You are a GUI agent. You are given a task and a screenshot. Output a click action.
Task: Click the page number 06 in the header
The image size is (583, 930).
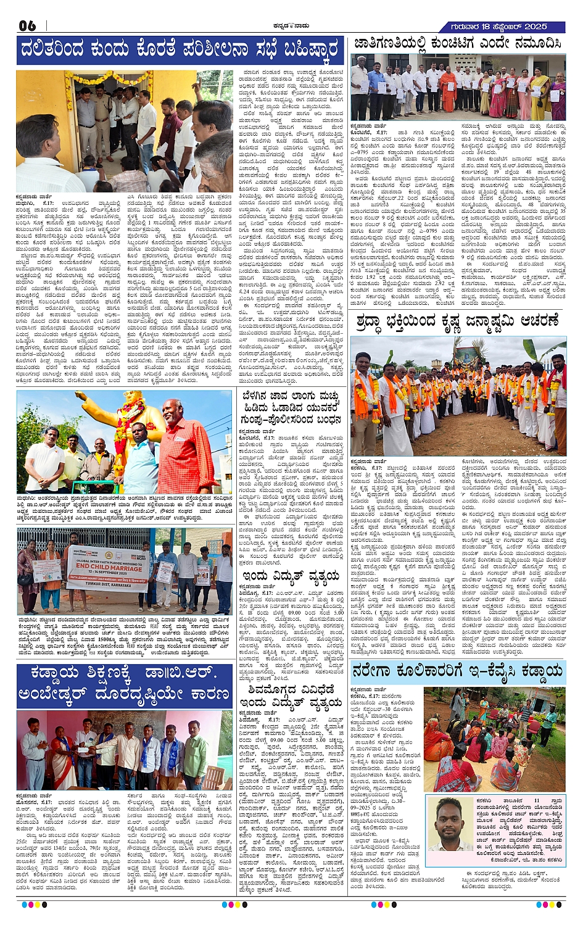28,25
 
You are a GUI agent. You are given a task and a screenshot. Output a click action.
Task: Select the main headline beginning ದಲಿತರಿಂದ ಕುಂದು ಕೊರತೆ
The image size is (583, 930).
179,49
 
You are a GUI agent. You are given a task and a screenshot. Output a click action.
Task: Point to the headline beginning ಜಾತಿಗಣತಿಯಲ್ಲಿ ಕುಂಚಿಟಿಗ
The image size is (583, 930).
457,44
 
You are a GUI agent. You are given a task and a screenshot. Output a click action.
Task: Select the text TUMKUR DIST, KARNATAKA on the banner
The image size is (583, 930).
109,586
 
